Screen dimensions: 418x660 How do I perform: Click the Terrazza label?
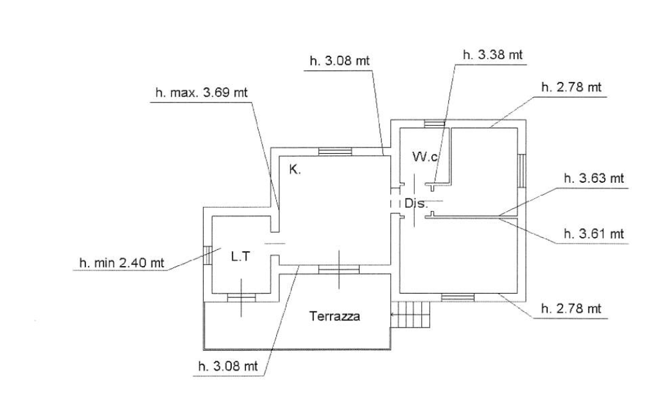point(334,316)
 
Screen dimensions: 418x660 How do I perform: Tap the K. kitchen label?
point(295,171)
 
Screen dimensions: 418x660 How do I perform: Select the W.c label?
point(426,156)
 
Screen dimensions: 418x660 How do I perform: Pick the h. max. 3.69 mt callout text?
point(201,92)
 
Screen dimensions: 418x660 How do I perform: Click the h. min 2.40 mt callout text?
point(121,262)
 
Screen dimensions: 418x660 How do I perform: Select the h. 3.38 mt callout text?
point(492,55)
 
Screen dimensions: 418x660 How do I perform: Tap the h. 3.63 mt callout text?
point(593,179)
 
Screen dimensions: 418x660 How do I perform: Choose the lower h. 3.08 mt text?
point(227,366)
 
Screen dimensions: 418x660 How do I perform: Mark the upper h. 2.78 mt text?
point(571,88)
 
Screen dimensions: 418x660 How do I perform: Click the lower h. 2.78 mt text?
point(571,309)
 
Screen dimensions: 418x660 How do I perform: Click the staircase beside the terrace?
point(412,315)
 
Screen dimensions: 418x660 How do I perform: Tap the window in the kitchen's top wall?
point(335,151)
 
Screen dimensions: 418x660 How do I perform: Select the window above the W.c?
point(435,124)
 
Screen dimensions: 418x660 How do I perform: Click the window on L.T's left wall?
point(207,255)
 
